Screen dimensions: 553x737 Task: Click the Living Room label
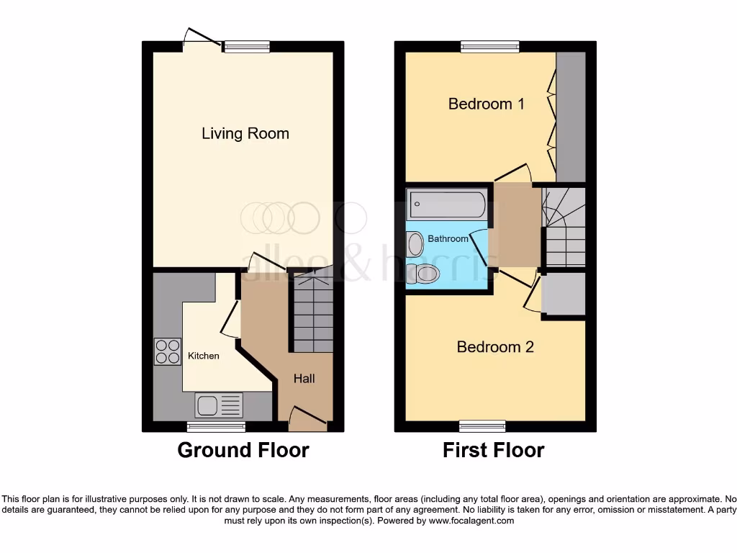245,133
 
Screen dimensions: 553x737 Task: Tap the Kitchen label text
203,356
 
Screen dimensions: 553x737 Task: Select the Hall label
303,378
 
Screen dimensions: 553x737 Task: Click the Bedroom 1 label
486,104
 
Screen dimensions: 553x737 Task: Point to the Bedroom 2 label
495,347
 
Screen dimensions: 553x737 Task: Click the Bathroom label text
448,238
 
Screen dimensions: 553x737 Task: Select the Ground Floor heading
243,451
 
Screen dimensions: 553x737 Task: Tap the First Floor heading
493,451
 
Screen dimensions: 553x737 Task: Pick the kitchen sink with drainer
220,406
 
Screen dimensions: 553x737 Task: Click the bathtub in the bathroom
446,204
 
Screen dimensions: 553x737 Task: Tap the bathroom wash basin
415,245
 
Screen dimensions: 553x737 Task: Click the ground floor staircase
312,313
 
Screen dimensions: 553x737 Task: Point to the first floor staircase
564,227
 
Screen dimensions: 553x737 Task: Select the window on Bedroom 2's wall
483,426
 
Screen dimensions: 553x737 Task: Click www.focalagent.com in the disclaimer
472,521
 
